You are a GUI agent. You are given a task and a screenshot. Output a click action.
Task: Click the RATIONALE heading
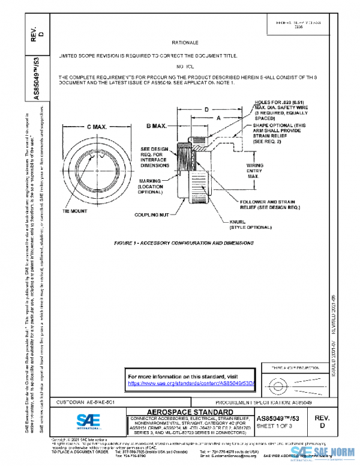(185, 43)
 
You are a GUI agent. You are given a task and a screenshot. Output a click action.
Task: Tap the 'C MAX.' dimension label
(92, 127)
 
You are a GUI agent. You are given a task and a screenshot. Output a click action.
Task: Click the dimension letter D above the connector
(206, 110)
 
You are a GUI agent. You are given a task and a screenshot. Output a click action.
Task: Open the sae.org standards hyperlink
(192, 383)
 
